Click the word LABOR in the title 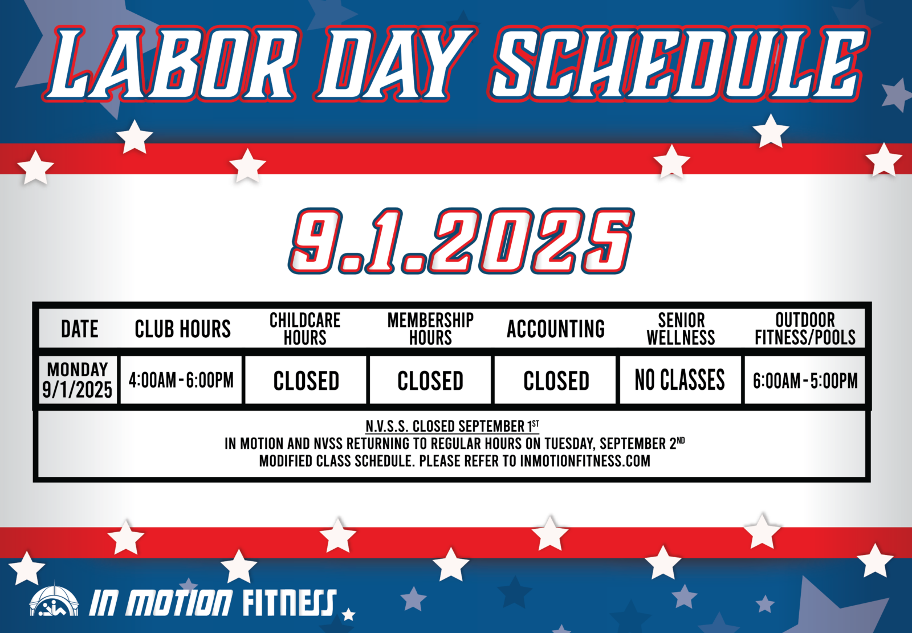tap(171, 63)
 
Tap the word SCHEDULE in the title tap(679, 63)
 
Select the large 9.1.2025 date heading tap(461, 240)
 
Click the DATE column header tap(79, 329)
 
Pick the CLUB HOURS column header tap(183, 329)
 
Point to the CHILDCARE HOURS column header tap(305, 329)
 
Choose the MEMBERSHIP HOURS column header tap(430, 329)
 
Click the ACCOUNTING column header tap(556, 329)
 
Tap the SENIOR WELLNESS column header tap(681, 329)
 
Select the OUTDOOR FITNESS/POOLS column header tap(805, 329)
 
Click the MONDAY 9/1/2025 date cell tap(78, 380)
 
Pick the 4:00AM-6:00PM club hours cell tap(181, 380)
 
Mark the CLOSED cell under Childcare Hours tap(306, 381)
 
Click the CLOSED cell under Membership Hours tap(430, 381)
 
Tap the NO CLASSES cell tap(679, 380)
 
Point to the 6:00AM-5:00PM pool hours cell tap(805, 381)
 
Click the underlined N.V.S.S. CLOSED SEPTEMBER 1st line tap(453, 426)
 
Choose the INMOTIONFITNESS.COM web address tap(585, 461)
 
